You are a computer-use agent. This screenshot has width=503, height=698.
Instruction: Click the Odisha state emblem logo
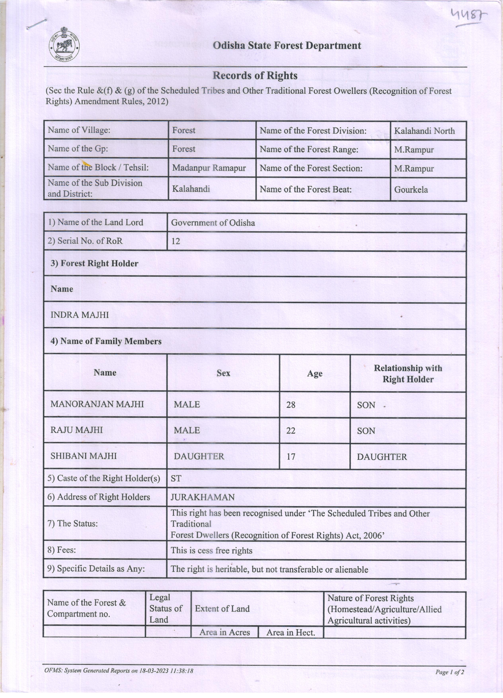(64, 45)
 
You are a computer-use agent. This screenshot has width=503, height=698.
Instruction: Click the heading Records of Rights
(255, 76)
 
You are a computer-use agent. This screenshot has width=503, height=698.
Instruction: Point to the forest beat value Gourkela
(411, 190)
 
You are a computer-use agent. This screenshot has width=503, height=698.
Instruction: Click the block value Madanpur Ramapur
(209, 168)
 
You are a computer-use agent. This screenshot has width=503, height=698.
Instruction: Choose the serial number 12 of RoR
(176, 241)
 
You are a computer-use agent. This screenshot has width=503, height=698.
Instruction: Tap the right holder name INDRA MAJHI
(80, 315)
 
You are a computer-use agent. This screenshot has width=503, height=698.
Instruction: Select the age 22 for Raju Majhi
(291, 430)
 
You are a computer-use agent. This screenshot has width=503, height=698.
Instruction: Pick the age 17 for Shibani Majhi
(291, 456)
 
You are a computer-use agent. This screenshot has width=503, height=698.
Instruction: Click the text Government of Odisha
(213, 223)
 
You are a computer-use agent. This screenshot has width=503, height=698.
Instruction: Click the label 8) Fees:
(61, 550)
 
